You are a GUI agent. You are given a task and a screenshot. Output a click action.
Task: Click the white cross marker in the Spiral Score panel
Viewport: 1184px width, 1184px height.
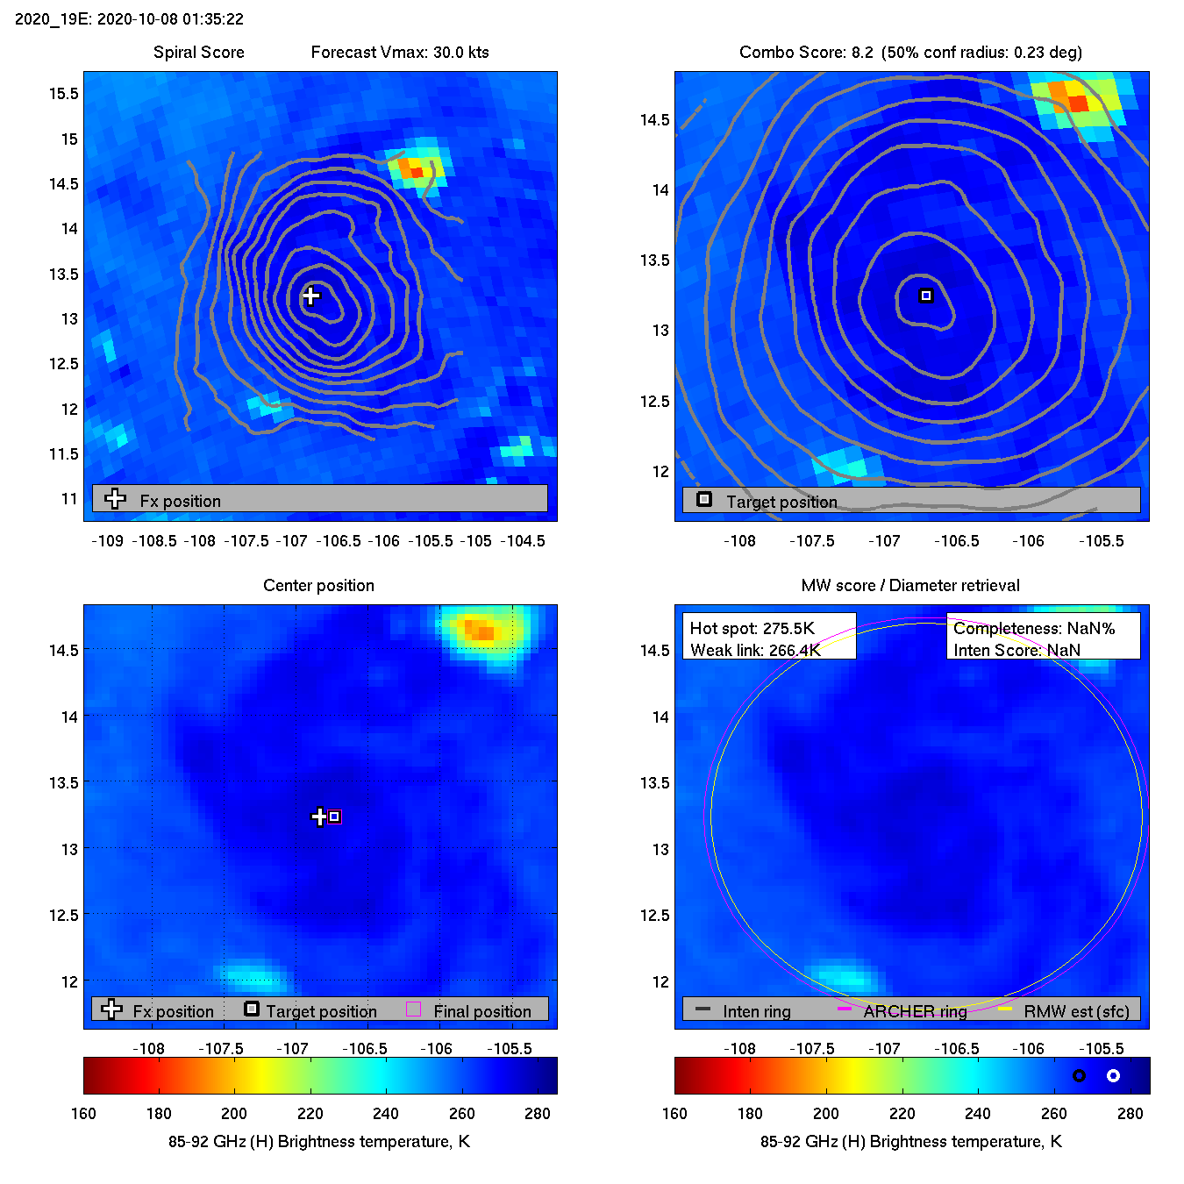pyautogui.click(x=310, y=296)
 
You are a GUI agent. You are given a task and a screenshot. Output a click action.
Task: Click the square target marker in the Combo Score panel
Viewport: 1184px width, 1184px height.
pyautogui.click(x=925, y=296)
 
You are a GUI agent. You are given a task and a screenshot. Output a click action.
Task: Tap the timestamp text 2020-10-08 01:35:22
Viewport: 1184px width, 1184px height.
pyautogui.click(x=170, y=18)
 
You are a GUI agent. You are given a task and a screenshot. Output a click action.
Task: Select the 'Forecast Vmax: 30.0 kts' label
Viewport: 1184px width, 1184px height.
pyautogui.click(x=400, y=52)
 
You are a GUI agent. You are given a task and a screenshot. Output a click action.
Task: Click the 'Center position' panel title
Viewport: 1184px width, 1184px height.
pyautogui.click(x=318, y=585)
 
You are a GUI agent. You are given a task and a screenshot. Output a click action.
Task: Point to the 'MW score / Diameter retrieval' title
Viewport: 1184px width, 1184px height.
pyautogui.click(x=910, y=585)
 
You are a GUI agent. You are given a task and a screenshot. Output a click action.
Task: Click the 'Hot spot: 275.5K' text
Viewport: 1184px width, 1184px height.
pyautogui.click(x=752, y=628)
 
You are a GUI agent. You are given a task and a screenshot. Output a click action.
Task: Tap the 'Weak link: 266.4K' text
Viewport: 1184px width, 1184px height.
pyautogui.click(x=755, y=650)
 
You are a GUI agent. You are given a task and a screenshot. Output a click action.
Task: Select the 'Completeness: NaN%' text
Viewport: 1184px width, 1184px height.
pyautogui.click(x=1034, y=628)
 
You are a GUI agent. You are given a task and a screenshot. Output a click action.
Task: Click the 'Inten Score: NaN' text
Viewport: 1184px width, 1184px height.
pyautogui.click(x=1016, y=650)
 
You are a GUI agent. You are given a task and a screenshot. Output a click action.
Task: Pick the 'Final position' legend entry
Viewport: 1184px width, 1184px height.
pyautogui.click(x=481, y=1011)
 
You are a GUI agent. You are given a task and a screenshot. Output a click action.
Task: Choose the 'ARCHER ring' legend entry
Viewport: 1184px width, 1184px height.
pyautogui.click(x=914, y=1011)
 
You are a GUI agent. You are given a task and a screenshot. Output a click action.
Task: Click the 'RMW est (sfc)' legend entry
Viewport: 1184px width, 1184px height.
pyautogui.click(x=1076, y=1011)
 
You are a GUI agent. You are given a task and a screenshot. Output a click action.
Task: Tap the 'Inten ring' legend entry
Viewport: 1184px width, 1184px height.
pyautogui.click(x=756, y=1011)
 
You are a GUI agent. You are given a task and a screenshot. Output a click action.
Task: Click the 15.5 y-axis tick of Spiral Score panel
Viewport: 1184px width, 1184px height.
pyautogui.click(x=63, y=94)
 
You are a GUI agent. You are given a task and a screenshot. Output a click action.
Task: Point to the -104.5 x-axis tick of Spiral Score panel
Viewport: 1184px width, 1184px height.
pyautogui.click(x=523, y=540)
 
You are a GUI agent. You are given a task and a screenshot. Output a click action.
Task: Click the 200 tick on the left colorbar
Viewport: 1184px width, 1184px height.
pyautogui.click(x=234, y=1113)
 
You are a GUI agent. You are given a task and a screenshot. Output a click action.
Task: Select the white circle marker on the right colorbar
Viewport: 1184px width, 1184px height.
pyautogui.click(x=1113, y=1075)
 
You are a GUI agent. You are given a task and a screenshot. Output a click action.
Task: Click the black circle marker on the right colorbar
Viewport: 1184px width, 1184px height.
pyautogui.click(x=1079, y=1075)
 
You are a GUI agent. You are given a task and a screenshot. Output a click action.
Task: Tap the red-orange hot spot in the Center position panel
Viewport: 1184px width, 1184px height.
pyautogui.click(x=480, y=630)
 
